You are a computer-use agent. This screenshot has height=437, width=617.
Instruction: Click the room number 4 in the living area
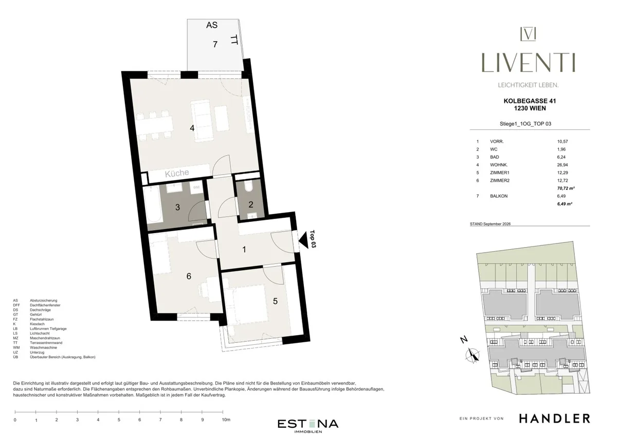[192, 128]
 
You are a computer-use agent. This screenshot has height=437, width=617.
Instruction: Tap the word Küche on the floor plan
[177, 173]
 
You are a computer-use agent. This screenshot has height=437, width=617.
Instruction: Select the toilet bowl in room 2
[249, 186]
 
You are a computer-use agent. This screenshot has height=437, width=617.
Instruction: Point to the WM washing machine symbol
[196, 187]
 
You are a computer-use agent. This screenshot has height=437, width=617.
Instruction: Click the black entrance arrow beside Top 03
[303, 240]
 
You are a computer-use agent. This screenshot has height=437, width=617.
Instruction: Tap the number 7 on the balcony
[215, 44]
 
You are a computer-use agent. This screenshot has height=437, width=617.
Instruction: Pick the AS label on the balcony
[212, 25]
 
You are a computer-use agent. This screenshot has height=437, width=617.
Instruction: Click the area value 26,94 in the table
[562, 165]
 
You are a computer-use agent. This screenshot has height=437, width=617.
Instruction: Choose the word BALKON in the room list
[499, 196]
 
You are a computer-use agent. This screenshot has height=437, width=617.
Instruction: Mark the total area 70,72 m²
[566, 188]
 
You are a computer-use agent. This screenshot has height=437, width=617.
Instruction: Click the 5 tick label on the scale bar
[119, 419]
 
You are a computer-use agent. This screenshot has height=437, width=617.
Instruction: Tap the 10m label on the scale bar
[226, 419]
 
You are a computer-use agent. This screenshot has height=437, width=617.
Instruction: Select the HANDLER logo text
[554, 418]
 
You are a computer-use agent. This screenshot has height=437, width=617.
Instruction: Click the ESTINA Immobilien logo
[307, 426]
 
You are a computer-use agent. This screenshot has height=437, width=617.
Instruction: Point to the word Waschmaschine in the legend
[43, 347]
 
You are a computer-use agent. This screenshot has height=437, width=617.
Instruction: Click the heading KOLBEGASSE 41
[530, 101]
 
